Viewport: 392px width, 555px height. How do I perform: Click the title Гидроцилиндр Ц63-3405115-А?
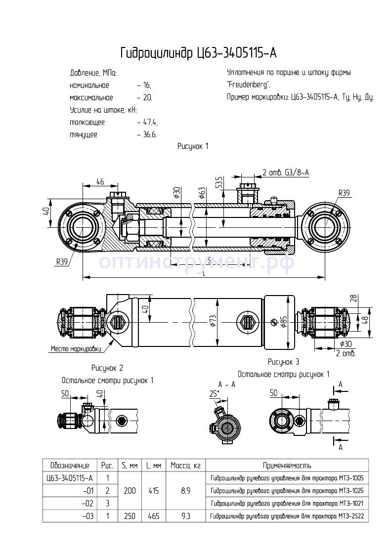click(196, 53)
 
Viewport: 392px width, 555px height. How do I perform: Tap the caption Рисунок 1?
click(193, 146)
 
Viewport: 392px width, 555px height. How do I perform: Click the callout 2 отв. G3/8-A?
click(286, 172)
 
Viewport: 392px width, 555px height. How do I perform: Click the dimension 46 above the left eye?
click(100, 182)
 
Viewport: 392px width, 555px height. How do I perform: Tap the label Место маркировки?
click(76, 349)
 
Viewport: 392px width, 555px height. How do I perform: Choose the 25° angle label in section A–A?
click(214, 394)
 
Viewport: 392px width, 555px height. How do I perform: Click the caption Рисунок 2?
click(107, 368)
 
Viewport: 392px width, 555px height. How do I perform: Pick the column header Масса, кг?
click(185, 466)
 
